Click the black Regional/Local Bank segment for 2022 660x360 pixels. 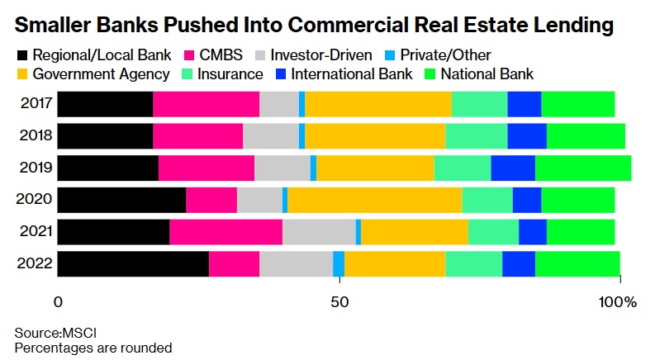click(133, 263)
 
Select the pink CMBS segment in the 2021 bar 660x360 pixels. click(226, 232)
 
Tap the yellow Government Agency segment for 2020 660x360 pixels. click(374, 200)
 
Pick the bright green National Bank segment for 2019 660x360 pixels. click(583, 168)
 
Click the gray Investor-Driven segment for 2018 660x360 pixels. click(271, 136)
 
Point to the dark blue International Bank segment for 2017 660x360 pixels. click(524, 104)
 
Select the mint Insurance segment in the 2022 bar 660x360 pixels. click(473, 263)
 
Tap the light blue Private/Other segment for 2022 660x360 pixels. click(339, 263)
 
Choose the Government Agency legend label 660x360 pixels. click(102, 74)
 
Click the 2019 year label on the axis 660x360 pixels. click(36, 168)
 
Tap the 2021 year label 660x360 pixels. click(36, 232)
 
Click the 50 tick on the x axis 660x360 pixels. click(339, 302)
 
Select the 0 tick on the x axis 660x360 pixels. click(58, 302)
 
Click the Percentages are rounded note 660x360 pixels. click(93, 348)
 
